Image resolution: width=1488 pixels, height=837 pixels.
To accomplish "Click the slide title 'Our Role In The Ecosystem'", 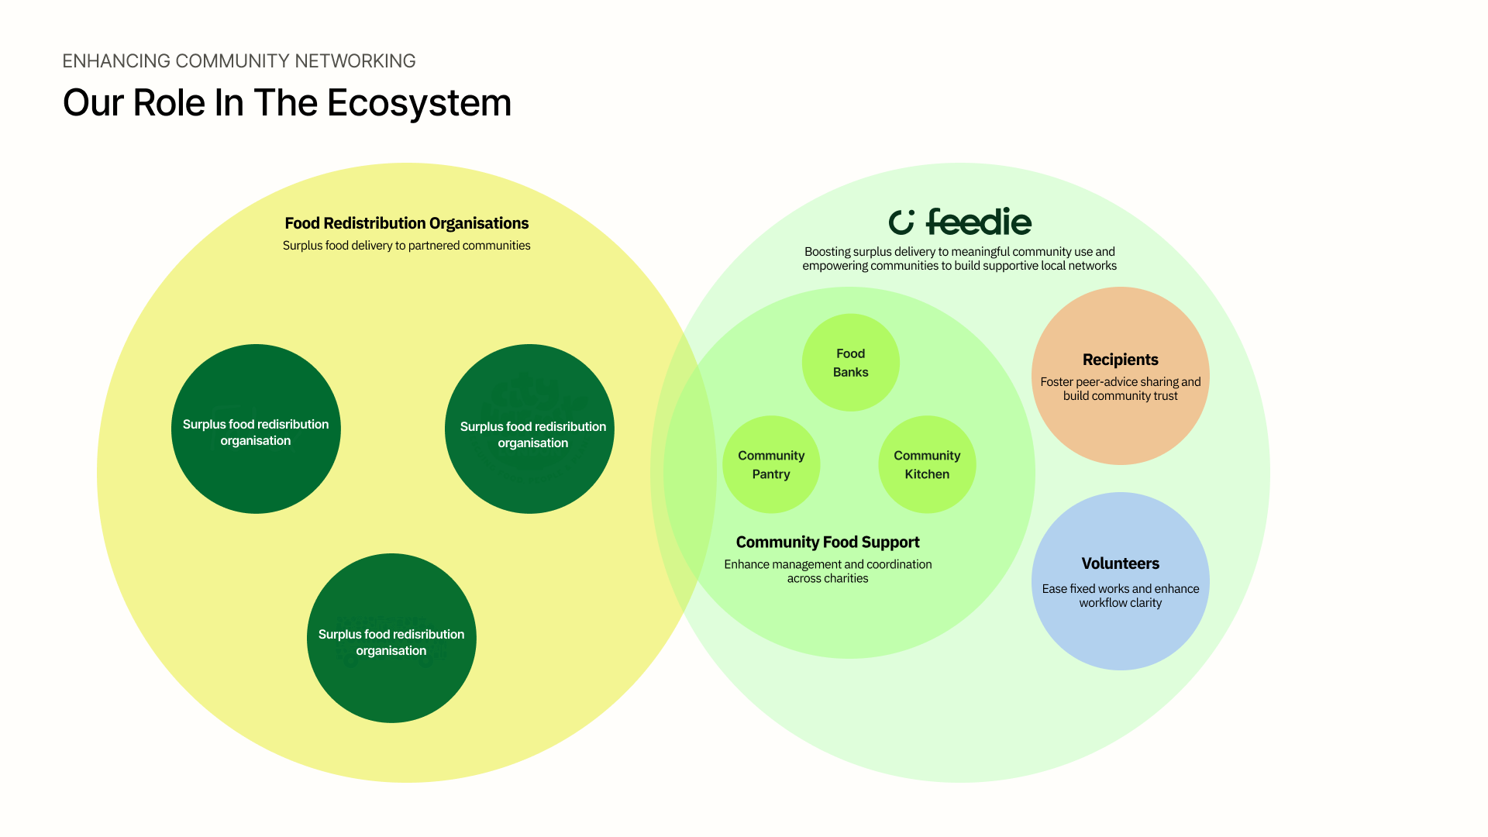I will coord(287,103).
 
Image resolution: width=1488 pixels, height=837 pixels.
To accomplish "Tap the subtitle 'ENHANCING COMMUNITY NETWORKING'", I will coord(239,61).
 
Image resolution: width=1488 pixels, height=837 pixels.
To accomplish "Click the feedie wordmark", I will coord(979,222).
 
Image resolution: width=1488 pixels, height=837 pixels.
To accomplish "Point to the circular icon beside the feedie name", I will coord(901,222).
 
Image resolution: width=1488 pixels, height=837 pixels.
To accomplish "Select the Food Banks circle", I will coord(850,363).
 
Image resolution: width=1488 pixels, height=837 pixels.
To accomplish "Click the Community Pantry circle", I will coord(771,465).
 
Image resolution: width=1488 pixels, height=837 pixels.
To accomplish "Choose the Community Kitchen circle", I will coord(927,465).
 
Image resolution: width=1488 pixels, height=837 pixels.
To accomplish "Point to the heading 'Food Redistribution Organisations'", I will coord(406,223).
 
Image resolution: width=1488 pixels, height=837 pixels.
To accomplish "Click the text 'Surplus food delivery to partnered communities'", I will coord(406,246).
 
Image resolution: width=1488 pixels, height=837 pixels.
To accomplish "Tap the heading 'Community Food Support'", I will coord(828,542).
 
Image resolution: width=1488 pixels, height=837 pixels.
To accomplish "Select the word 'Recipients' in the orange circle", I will coord(1120,360).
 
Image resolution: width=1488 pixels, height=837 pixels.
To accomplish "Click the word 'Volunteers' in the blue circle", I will coord(1120,563).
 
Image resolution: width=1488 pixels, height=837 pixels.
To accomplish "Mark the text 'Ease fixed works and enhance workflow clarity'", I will coord(1120,596).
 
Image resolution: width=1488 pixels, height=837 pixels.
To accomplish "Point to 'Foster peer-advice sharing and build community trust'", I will coord(1120,389).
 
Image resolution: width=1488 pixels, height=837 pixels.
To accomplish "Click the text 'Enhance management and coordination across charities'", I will coord(828,571).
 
